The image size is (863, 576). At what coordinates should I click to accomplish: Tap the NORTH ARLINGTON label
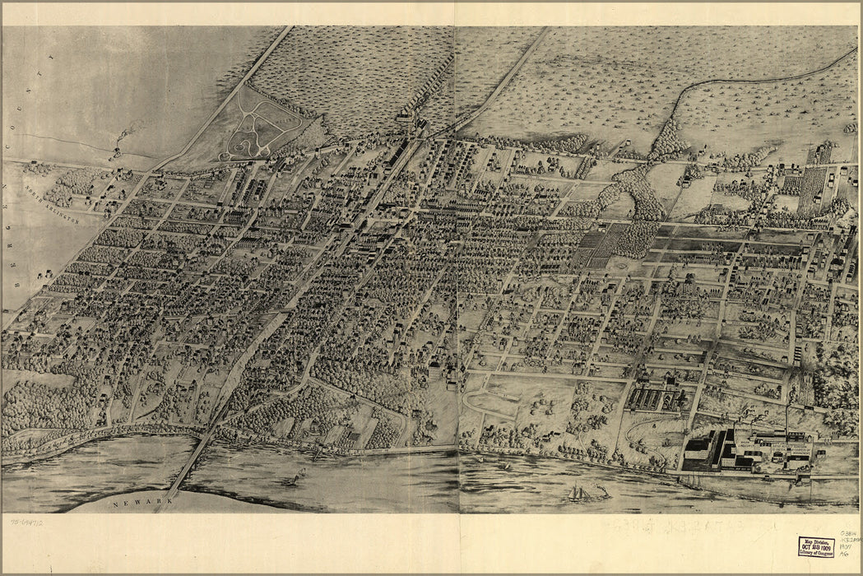coord(50,207)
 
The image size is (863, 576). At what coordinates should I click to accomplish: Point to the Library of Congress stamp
coord(815,546)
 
